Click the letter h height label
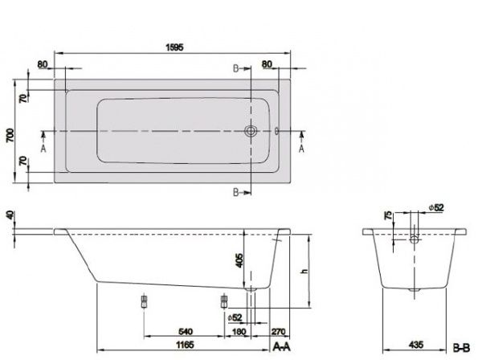304,271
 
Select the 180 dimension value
238,329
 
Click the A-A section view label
282,346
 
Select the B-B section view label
463,346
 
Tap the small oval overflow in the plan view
276,130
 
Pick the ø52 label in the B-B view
435,208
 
